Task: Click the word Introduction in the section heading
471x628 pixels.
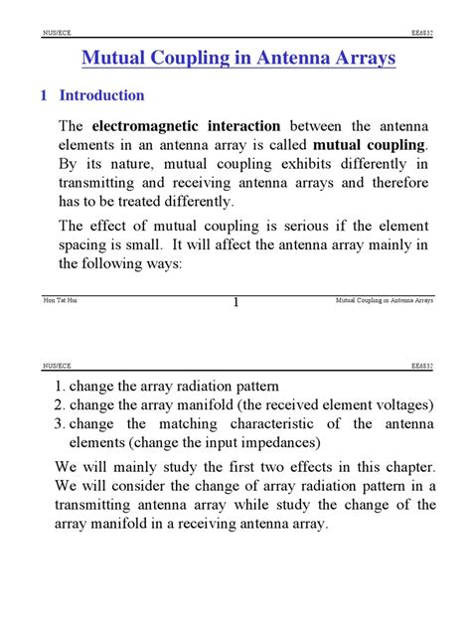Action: (x=102, y=96)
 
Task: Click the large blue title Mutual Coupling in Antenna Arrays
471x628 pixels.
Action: (x=237, y=59)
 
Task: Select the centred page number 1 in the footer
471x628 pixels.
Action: (x=236, y=303)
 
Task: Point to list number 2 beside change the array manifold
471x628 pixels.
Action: (x=59, y=404)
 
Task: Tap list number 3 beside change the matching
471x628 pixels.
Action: (x=59, y=424)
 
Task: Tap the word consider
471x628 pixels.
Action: (x=143, y=486)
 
